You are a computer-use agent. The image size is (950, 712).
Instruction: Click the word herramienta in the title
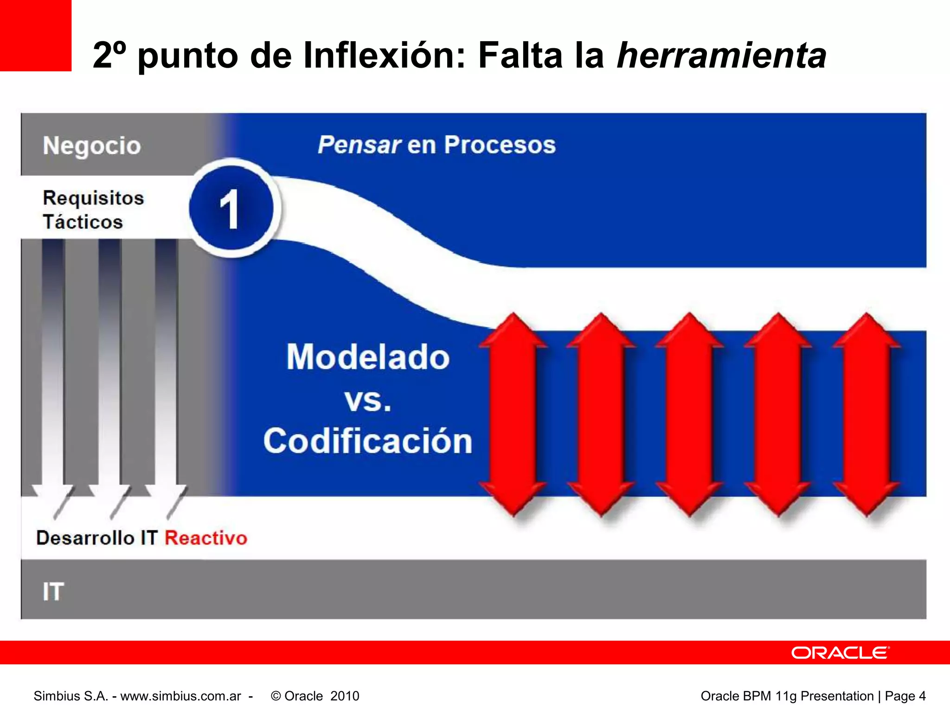[x=721, y=56]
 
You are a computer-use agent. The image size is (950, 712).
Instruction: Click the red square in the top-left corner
[x=35, y=35]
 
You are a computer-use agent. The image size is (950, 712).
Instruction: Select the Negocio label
[x=92, y=146]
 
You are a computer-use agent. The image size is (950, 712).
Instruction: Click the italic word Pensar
[x=359, y=145]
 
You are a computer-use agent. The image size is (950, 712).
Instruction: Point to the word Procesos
[x=500, y=145]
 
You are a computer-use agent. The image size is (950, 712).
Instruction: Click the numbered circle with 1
[x=231, y=209]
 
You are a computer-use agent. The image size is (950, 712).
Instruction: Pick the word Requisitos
[x=93, y=198]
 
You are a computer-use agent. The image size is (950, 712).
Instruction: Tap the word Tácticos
[x=83, y=222]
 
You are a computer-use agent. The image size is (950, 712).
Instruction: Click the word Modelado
[x=368, y=357]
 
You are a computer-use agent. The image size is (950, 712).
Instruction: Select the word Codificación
[x=368, y=441]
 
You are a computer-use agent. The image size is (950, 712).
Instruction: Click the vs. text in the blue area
[x=368, y=400]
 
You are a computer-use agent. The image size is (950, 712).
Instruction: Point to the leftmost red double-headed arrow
[x=513, y=414]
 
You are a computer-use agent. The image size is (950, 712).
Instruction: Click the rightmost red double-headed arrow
[x=867, y=414]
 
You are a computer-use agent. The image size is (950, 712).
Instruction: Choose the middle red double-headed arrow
[x=690, y=414]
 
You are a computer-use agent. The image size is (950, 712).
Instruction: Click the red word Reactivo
[x=206, y=538]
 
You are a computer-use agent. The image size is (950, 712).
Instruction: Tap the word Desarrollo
[x=85, y=538]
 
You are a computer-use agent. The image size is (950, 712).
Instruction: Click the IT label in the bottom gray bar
[x=53, y=592]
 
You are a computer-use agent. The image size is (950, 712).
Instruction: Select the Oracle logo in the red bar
[x=840, y=653]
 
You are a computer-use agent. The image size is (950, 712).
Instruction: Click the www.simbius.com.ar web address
[x=181, y=696]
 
